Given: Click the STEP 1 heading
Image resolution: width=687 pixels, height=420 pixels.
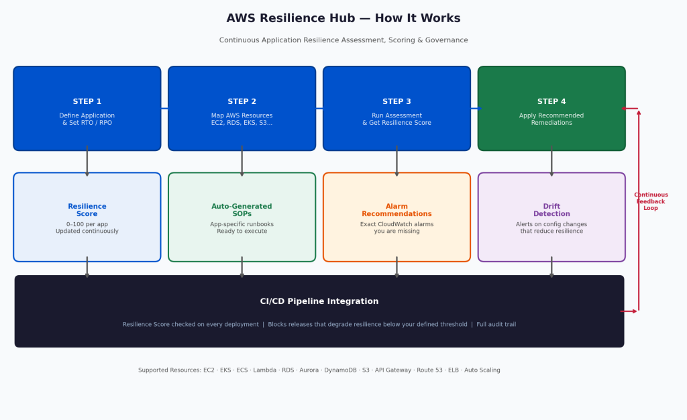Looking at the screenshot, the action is coord(87,101).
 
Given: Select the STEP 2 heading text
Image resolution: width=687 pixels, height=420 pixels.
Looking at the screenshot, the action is coord(242,101).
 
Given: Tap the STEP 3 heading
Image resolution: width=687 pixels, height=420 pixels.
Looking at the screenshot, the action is coord(397,101).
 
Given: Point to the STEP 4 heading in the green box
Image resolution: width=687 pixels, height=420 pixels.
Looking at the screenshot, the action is coord(551,101).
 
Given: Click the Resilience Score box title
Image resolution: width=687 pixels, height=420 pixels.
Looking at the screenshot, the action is coord(87,210).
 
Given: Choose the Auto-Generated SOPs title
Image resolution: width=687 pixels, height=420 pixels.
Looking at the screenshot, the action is coord(242,210).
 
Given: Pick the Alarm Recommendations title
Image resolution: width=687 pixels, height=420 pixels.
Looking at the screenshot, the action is coord(397,210).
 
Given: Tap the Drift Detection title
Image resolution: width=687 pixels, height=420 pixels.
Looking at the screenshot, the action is coord(551,210).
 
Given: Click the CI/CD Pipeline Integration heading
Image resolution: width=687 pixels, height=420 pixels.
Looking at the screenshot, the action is coord(319,301).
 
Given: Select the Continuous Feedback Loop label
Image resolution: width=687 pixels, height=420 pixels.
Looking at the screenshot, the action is coord(651,201).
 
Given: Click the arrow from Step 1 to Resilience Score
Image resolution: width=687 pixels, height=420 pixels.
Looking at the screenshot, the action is coord(87,161).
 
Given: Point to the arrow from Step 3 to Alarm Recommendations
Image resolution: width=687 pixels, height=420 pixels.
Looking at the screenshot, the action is coord(397,161).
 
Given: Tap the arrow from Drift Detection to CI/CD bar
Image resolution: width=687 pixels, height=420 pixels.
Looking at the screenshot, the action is coord(551,267).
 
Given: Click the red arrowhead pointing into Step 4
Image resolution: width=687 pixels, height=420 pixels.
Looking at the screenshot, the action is coord(623,109).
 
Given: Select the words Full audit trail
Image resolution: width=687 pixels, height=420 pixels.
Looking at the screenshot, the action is coord(496,325).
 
